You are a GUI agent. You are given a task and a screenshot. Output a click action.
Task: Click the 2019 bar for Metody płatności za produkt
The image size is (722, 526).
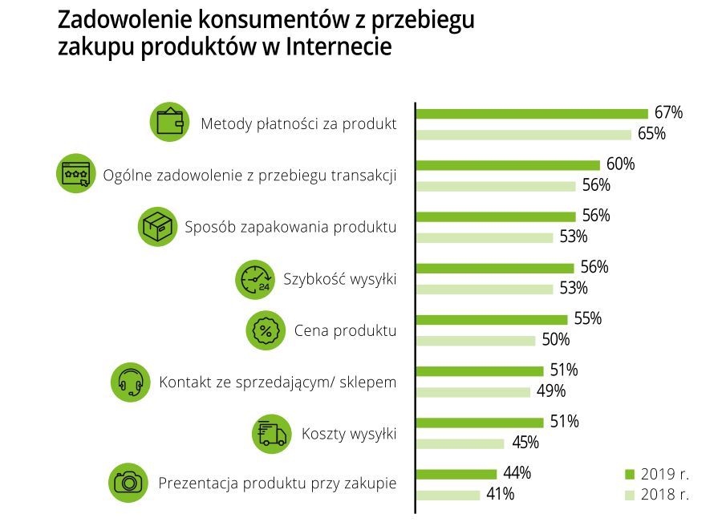click(x=531, y=113)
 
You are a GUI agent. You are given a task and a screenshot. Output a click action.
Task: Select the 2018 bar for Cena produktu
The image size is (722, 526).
click(x=475, y=340)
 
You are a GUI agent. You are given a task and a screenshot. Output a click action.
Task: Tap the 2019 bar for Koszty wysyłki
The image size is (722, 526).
click(x=479, y=423)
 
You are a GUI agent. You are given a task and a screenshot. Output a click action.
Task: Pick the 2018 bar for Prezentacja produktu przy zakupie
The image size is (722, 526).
click(x=448, y=495)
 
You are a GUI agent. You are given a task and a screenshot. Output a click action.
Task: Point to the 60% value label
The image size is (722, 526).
click(x=620, y=164)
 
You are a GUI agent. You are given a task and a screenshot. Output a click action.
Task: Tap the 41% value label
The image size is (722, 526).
click(x=500, y=495)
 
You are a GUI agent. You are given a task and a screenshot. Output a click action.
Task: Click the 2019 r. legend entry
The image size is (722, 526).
click(x=656, y=473)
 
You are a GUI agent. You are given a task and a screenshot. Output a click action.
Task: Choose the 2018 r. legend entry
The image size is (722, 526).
click(x=656, y=496)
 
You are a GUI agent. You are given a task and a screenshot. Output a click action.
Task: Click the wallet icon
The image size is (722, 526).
click(x=169, y=123)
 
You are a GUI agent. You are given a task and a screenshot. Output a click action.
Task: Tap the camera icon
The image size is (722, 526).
click(x=128, y=483)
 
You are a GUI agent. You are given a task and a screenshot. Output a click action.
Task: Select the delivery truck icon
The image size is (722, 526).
click(x=271, y=434)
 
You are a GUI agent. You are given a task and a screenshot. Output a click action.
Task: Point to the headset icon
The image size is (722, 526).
click(x=130, y=382)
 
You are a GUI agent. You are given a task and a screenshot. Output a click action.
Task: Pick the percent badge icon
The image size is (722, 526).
click(x=265, y=330)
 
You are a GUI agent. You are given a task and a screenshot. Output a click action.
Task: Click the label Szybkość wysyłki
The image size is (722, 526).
click(x=340, y=279)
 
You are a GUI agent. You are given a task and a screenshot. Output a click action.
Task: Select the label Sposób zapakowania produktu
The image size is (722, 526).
click(x=290, y=226)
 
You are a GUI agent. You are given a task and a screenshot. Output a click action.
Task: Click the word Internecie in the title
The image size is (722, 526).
click(x=338, y=47)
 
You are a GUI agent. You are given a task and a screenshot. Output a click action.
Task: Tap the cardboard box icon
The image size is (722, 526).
click(x=157, y=226)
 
